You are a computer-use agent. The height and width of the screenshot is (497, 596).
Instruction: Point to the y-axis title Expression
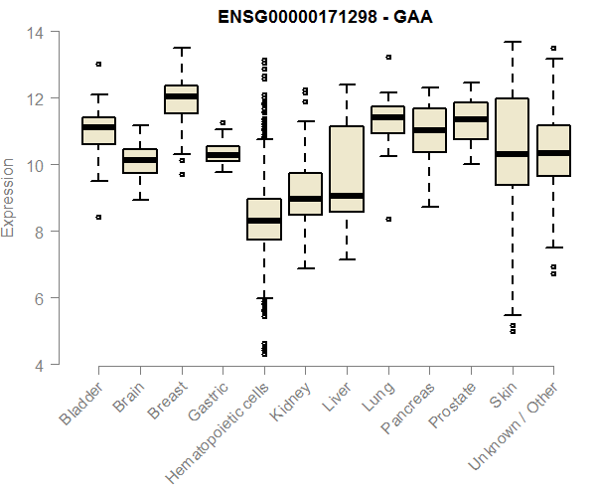click(9, 198)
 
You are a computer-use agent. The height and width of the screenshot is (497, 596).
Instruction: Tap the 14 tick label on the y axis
click(35, 32)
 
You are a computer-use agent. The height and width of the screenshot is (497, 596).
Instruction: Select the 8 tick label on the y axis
click(35, 232)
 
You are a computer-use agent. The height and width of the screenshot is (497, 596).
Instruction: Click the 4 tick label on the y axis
click(35, 365)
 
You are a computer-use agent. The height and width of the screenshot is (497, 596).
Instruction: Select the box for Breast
click(181, 99)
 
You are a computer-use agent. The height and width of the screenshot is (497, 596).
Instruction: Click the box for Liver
click(347, 169)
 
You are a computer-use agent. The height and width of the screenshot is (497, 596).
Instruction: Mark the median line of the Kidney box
click(305, 199)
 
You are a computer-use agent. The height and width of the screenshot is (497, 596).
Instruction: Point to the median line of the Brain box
click(140, 159)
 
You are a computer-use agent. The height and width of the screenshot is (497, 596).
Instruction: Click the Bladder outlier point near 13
click(98, 64)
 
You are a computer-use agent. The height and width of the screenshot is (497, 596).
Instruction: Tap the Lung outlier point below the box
click(387, 219)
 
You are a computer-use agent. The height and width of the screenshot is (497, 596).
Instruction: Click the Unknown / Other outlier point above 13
click(553, 48)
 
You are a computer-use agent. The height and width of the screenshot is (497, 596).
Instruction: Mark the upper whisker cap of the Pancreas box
click(429, 87)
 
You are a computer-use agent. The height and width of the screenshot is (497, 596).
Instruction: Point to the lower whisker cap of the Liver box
click(347, 259)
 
